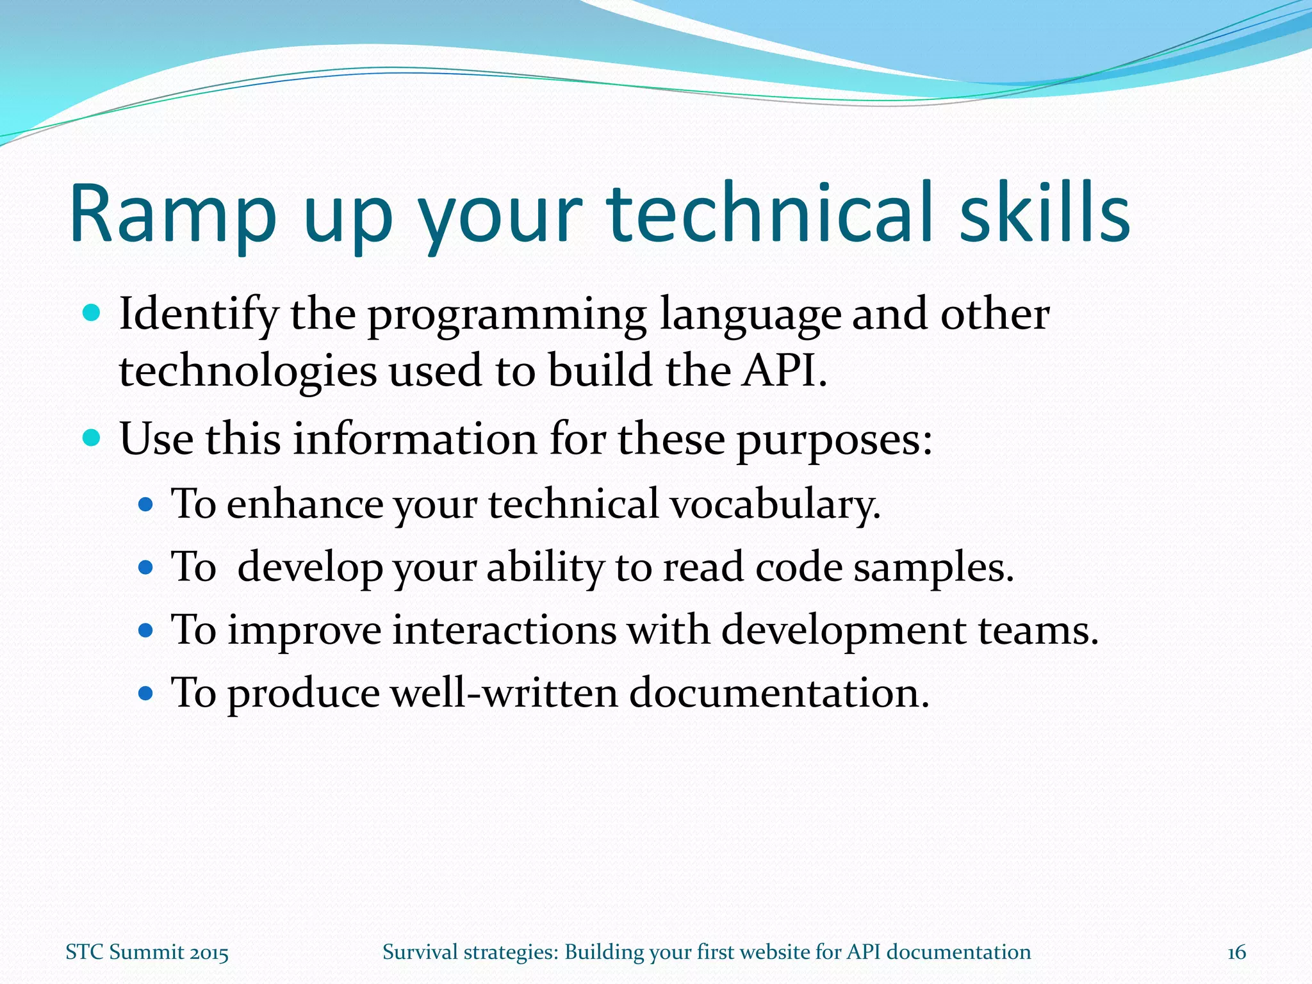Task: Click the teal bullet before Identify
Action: pos(92,313)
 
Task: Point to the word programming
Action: pos(507,316)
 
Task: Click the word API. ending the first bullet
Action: pos(784,371)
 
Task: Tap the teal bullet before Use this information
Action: pos(92,438)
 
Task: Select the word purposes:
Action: pos(834,441)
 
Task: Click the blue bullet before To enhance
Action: pos(146,505)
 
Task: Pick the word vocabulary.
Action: pos(775,505)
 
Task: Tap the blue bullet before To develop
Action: pos(146,568)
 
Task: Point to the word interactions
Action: pos(504,630)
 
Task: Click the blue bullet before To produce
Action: pos(146,693)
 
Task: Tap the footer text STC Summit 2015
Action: pos(147,953)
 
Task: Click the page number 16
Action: pos(1236,953)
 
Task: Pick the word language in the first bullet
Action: pos(750,316)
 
